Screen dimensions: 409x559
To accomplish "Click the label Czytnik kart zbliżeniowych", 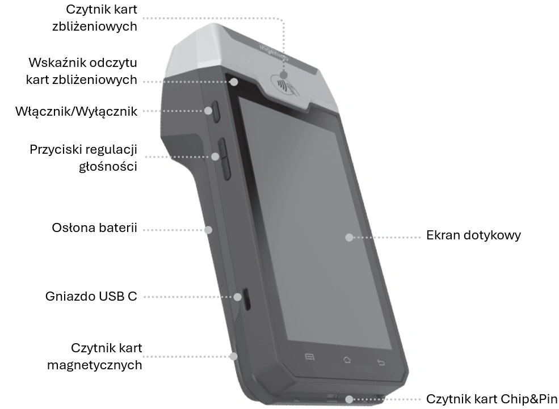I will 102,18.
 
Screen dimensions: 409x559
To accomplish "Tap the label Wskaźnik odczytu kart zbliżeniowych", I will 82,70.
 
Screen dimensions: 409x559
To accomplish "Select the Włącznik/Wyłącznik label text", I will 77,111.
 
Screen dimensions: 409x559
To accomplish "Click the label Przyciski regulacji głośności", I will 83,158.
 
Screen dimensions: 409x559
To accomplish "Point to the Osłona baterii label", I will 94,229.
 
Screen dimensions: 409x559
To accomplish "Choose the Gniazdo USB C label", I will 91,296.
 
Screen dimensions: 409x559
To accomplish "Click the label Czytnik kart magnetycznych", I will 94,356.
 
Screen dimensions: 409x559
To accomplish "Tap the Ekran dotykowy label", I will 473,235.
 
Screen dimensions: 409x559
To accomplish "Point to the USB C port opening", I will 246,299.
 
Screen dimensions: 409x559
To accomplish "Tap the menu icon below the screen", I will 310,357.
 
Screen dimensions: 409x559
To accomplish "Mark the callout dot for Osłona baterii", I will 209,230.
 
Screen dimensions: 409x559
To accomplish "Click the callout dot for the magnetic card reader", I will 233,356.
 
